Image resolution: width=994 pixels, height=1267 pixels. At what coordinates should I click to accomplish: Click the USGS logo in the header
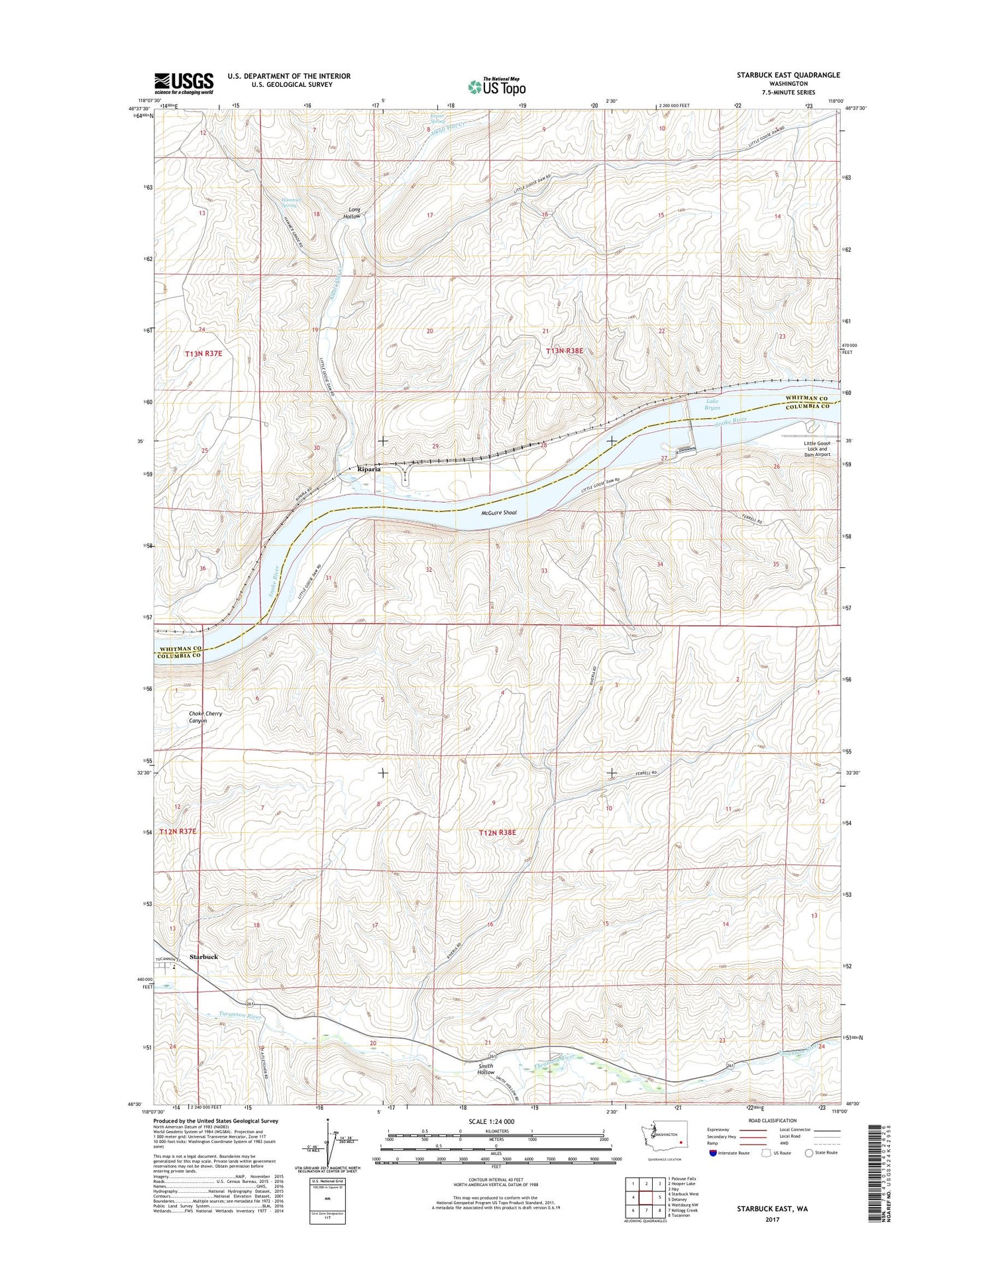184,83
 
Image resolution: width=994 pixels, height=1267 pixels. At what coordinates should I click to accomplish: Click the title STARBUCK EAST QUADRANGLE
788,75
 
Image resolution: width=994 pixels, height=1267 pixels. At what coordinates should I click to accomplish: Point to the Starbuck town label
203,957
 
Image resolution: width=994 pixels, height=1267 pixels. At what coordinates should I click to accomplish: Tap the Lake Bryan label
712,404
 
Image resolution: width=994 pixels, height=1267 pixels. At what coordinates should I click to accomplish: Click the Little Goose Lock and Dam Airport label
816,449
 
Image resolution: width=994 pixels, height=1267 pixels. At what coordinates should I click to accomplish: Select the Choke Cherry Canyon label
205,717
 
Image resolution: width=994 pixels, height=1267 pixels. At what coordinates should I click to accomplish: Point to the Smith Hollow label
486,1087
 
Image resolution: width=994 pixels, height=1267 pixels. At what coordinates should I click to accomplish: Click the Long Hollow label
352,213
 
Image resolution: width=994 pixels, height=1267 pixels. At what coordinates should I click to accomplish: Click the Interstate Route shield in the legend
712,1152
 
